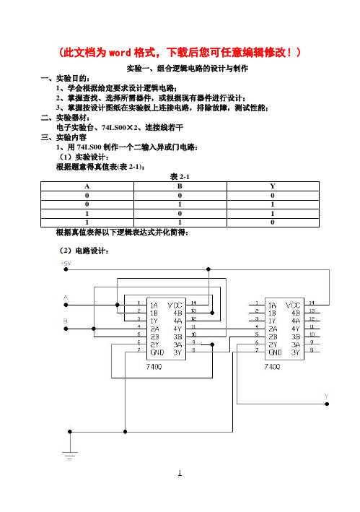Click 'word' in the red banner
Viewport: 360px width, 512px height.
point(120,53)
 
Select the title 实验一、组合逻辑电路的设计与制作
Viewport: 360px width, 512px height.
point(188,69)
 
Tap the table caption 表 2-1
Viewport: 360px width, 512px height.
point(180,177)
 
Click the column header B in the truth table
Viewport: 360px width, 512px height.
point(180,186)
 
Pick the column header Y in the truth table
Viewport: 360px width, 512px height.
point(273,186)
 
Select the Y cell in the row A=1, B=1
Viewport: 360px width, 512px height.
point(273,222)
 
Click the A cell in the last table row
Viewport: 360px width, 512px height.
point(87,222)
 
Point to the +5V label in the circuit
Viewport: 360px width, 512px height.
point(66,263)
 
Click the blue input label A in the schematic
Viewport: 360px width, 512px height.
point(66,298)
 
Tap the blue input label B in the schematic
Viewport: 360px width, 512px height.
point(66,321)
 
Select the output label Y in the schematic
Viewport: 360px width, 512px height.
point(326,396)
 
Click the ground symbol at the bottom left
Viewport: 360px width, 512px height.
point(70,454)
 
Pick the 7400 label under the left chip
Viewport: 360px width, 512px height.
point(154,367)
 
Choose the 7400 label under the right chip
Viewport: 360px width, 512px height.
point(272,367)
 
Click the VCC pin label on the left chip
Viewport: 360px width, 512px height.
point(175,305)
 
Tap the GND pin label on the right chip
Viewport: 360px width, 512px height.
point(275,352)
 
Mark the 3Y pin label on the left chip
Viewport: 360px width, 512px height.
point(177,352)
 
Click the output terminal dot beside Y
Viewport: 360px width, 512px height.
point(327,404)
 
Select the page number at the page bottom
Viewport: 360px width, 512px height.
point(180,472)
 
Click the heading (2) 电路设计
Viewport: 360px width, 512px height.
point(84,251)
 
